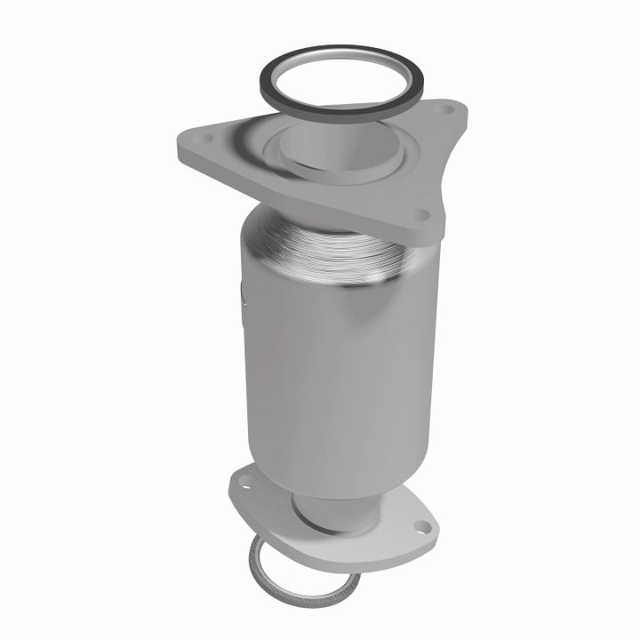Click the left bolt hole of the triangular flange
202,139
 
